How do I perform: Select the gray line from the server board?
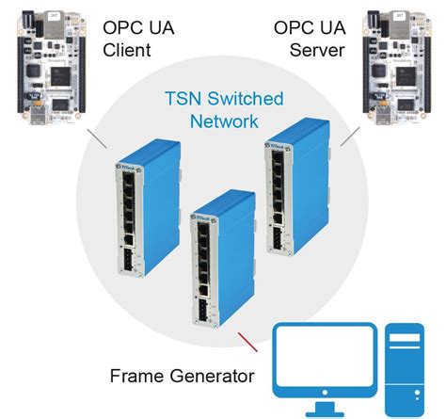350,139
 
